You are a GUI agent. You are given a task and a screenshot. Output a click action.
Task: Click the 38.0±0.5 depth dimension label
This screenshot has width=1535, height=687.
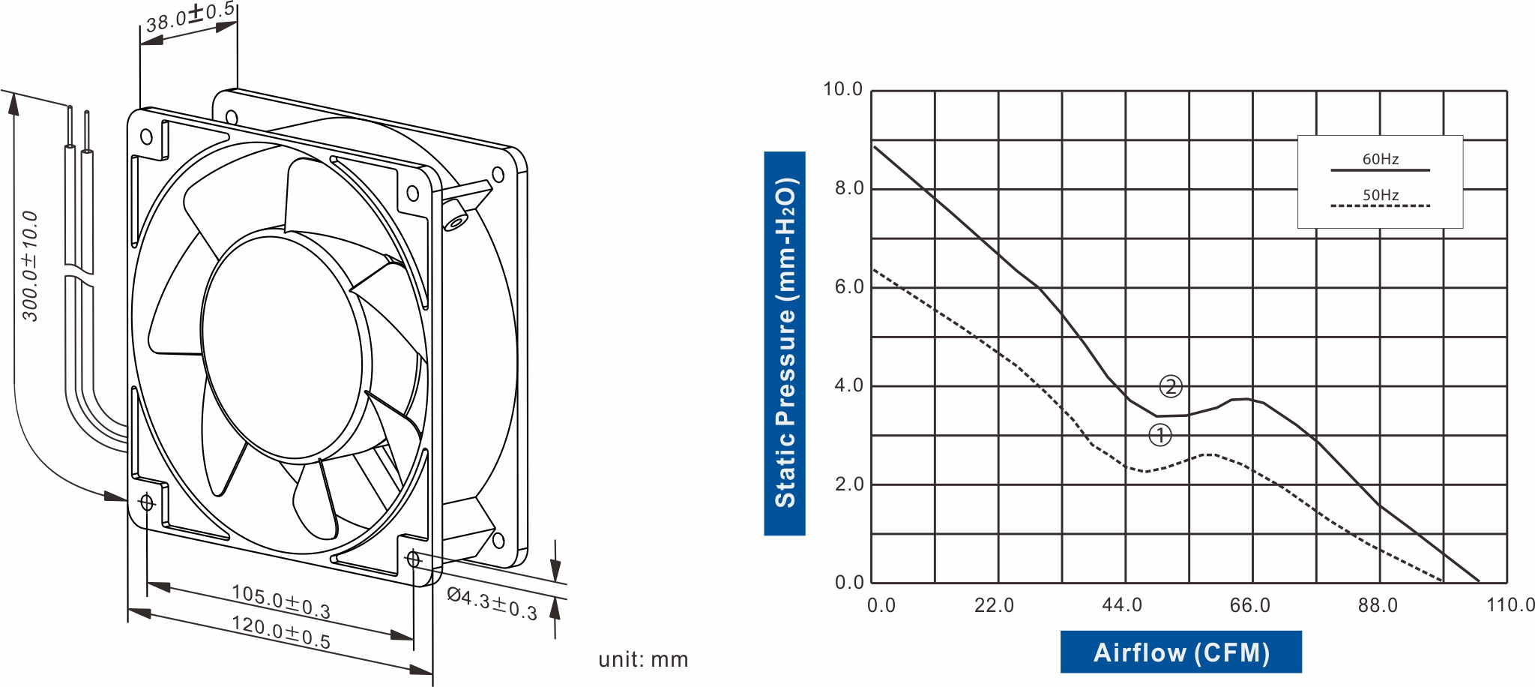(190, 17)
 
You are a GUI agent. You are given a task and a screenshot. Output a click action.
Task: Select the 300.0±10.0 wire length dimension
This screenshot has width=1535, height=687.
(30, 266)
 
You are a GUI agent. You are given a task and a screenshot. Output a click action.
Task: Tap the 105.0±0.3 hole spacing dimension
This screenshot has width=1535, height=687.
(280, 601)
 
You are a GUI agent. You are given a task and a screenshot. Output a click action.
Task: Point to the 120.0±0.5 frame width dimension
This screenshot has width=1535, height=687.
(280, 631)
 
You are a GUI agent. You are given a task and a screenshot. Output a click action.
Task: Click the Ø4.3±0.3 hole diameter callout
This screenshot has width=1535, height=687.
(492, 604)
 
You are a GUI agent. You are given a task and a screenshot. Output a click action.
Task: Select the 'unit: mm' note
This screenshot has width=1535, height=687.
(643, 659)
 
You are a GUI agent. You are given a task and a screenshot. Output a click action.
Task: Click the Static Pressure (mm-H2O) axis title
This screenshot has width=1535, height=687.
(785, 343)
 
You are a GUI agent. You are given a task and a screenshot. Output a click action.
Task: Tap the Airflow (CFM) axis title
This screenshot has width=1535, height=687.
(1180, 652)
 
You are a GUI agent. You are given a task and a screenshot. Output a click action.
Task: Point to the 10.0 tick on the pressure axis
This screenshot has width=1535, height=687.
(843, 89)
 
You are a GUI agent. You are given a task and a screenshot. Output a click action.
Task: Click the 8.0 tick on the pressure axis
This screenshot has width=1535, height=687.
(849, 188)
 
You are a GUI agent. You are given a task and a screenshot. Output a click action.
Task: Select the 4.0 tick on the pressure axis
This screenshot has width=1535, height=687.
(849, 385)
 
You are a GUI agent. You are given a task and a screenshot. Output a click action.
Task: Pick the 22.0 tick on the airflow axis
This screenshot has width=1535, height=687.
(994, 605)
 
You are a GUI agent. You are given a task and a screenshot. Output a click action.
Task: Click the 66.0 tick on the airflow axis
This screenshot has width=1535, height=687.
(1249, 605)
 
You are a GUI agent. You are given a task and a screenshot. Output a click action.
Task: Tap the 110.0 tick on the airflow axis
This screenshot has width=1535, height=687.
(1510, 605)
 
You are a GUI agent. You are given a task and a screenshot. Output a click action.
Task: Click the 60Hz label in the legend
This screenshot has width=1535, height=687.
(1380, 159)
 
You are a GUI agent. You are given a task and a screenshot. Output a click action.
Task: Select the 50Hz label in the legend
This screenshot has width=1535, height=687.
(1380, 195)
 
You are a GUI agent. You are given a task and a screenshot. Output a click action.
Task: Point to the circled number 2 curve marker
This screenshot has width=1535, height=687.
(1171, 386)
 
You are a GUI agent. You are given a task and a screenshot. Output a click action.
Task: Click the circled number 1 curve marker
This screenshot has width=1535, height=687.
(1159, 435)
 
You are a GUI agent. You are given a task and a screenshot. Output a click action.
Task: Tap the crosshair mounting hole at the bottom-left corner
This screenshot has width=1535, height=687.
(147, 502)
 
